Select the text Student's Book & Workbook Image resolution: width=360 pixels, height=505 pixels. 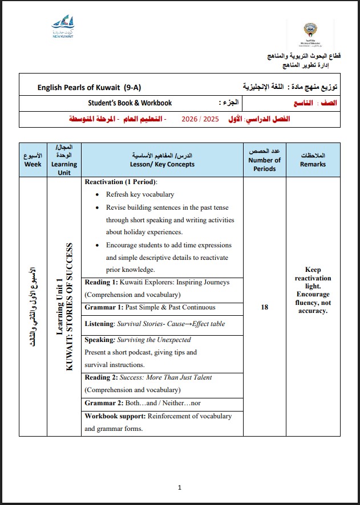click(130, 103)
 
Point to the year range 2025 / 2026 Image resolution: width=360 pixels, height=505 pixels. click(200, 119)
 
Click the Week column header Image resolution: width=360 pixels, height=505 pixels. click(33, 160)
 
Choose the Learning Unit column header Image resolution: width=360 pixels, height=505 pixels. click(64, 160)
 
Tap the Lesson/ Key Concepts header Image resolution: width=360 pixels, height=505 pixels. click(162, 160)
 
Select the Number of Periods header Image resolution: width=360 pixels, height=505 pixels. click(264, 160)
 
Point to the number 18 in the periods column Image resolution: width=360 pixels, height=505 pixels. click(264, 307)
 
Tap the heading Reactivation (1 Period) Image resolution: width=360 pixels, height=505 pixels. click(121, 182)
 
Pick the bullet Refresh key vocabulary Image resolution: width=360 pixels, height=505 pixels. click(140, 195)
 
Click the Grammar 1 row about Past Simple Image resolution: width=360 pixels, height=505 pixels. click(150, 308)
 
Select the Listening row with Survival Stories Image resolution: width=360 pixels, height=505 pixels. click(155, 324)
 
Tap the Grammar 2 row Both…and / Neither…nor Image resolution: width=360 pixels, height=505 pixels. click(143, 403)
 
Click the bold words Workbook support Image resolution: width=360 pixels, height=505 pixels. click(112, 416)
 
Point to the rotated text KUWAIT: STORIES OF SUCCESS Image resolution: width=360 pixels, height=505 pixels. click(70, 307)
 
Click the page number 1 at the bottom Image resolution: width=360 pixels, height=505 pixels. click(180, 487)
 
